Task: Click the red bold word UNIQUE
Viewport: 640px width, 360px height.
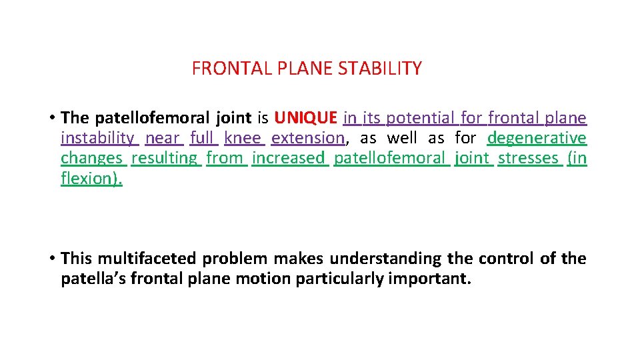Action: pyautogui.click(x=305, y=119)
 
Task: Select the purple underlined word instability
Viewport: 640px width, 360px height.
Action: pyautogui.click(x=98, y=139)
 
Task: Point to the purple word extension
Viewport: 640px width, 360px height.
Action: pyautogui.click(x=307, y=139)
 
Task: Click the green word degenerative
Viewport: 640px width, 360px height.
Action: pyautogui.click(x=537, y=139)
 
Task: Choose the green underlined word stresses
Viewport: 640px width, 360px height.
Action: pyautogui.click(x=529, y=159)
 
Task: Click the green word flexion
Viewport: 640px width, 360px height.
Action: pyautogui.click(x=90, y=179)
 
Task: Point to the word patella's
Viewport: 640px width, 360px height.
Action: pyautogui.click(x=93, y=279)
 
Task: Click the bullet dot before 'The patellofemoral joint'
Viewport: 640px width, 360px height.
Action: pyautogui.click(x=51, y=119)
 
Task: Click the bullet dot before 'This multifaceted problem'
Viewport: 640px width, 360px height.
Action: pyautogui.click(x=51, y=259)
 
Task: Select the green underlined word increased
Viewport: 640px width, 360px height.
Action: pyautogui.click(x=289, y=159)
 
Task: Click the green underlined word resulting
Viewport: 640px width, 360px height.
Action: pyautogui.click(x=165, y=159)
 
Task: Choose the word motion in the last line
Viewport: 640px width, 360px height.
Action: pyautogui.click(x=263, y=279)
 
